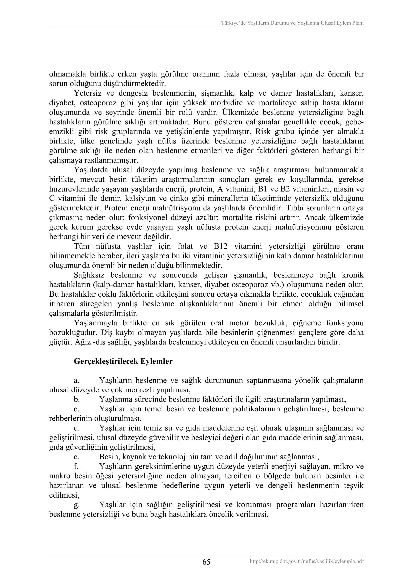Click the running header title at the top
pyautogui.click(x=292, y=23)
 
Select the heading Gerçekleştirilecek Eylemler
pyautogui.click(x=123, y=361)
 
